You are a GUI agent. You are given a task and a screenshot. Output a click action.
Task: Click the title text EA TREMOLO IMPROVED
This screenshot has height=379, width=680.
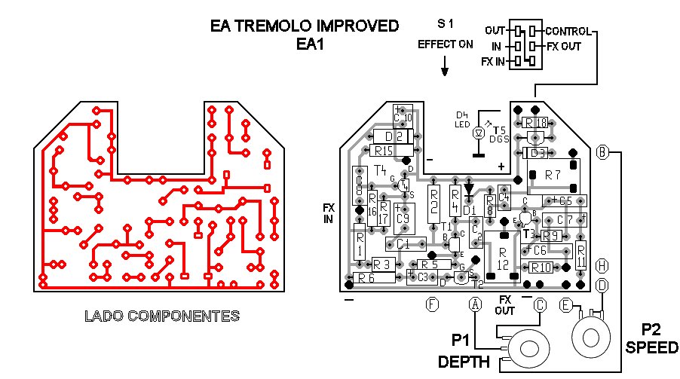(x=305, y=26)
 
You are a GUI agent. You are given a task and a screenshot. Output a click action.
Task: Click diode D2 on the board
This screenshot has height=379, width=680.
(x=392, y=136)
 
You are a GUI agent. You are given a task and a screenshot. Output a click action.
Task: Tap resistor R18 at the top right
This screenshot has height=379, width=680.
(x=535, y=123)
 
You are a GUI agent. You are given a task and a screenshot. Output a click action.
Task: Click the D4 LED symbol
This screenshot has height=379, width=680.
(x=477, y=133)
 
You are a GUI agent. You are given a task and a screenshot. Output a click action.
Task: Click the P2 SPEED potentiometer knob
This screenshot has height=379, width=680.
(x=592, y=332)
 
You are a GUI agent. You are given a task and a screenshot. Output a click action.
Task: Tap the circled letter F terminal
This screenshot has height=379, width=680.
(x=432, y=304)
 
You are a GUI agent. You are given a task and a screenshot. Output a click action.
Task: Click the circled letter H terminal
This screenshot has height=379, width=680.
(x=602, y=265)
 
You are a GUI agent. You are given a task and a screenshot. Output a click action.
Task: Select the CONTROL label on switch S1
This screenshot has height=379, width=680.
(x=568, y=32)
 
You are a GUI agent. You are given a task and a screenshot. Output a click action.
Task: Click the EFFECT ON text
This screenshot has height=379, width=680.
(x=446, y=44)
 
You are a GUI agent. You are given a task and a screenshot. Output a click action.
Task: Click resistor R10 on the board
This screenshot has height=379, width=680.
(x=541, y=267)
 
